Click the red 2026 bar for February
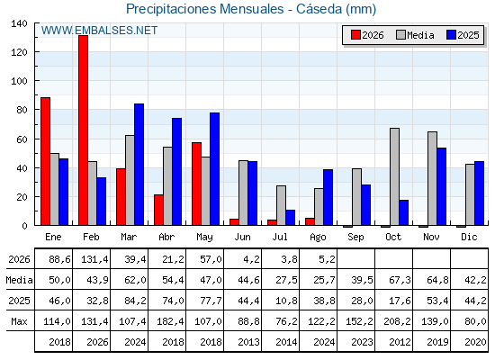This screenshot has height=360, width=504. click(83, 130)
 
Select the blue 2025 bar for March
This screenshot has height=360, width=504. click(139, 164)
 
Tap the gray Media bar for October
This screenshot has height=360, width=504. click(395, 176)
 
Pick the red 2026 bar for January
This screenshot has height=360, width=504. click(45, 161)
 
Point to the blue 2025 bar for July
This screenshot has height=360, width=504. click(290, 217)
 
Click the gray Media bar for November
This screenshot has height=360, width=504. click(432, 178)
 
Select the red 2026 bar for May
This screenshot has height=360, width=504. click(197, 184)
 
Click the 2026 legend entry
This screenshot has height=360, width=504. click(367, 35)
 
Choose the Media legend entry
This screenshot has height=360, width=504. click(415, 35)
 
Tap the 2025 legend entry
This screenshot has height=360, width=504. click(463, 35)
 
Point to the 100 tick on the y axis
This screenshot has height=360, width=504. click(19, 81)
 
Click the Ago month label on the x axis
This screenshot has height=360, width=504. click(318, 238)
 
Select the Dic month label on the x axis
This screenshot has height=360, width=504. click(469, 237)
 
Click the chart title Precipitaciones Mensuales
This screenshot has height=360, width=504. click(205, 9)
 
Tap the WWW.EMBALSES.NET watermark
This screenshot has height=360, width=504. click(99, 31)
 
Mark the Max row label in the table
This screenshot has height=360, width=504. click(19, 321)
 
